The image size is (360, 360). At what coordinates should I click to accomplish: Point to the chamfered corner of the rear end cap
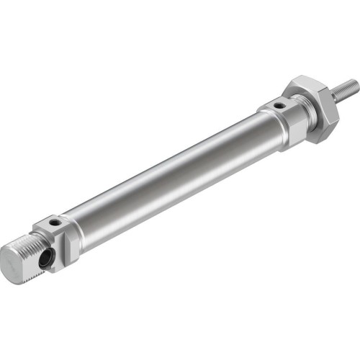tap(73, 255)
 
